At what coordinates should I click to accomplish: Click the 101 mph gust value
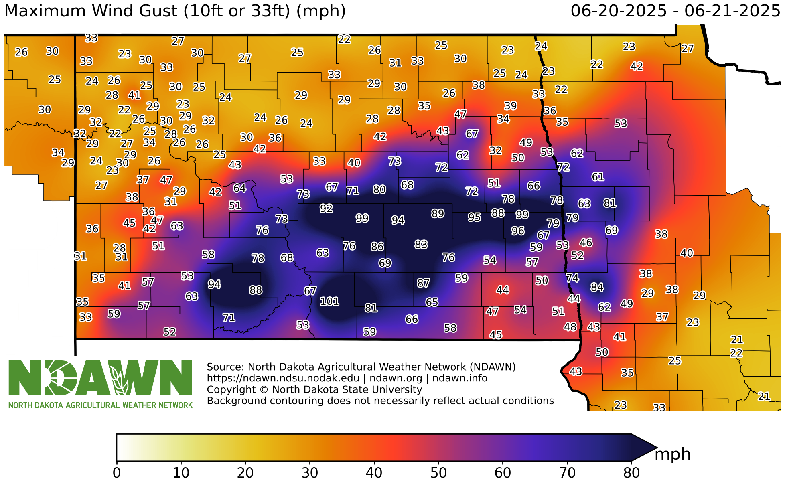point(329,301)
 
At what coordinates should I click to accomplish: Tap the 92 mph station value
point(326,208)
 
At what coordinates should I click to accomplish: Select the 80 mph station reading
point(379,189)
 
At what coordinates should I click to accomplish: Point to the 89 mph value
point(438,213)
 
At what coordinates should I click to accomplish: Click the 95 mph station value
point(474,217)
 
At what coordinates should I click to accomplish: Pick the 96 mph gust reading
point(517,231)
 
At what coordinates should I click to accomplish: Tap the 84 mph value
point(597,287)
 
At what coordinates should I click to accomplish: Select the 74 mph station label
point(572,278)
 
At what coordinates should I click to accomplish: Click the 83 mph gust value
point(421,244)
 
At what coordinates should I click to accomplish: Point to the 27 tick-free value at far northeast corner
point(688,49)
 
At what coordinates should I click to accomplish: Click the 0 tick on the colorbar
point(117,473)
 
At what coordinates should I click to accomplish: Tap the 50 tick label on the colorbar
point(438,473)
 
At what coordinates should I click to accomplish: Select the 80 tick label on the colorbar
point(631,473)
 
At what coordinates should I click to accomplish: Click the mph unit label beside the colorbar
point(672,454)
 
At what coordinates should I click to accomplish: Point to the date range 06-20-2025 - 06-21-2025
point(675,11)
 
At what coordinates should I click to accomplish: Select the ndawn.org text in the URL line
point(396,378)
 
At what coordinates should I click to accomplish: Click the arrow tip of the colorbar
point(656,448)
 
